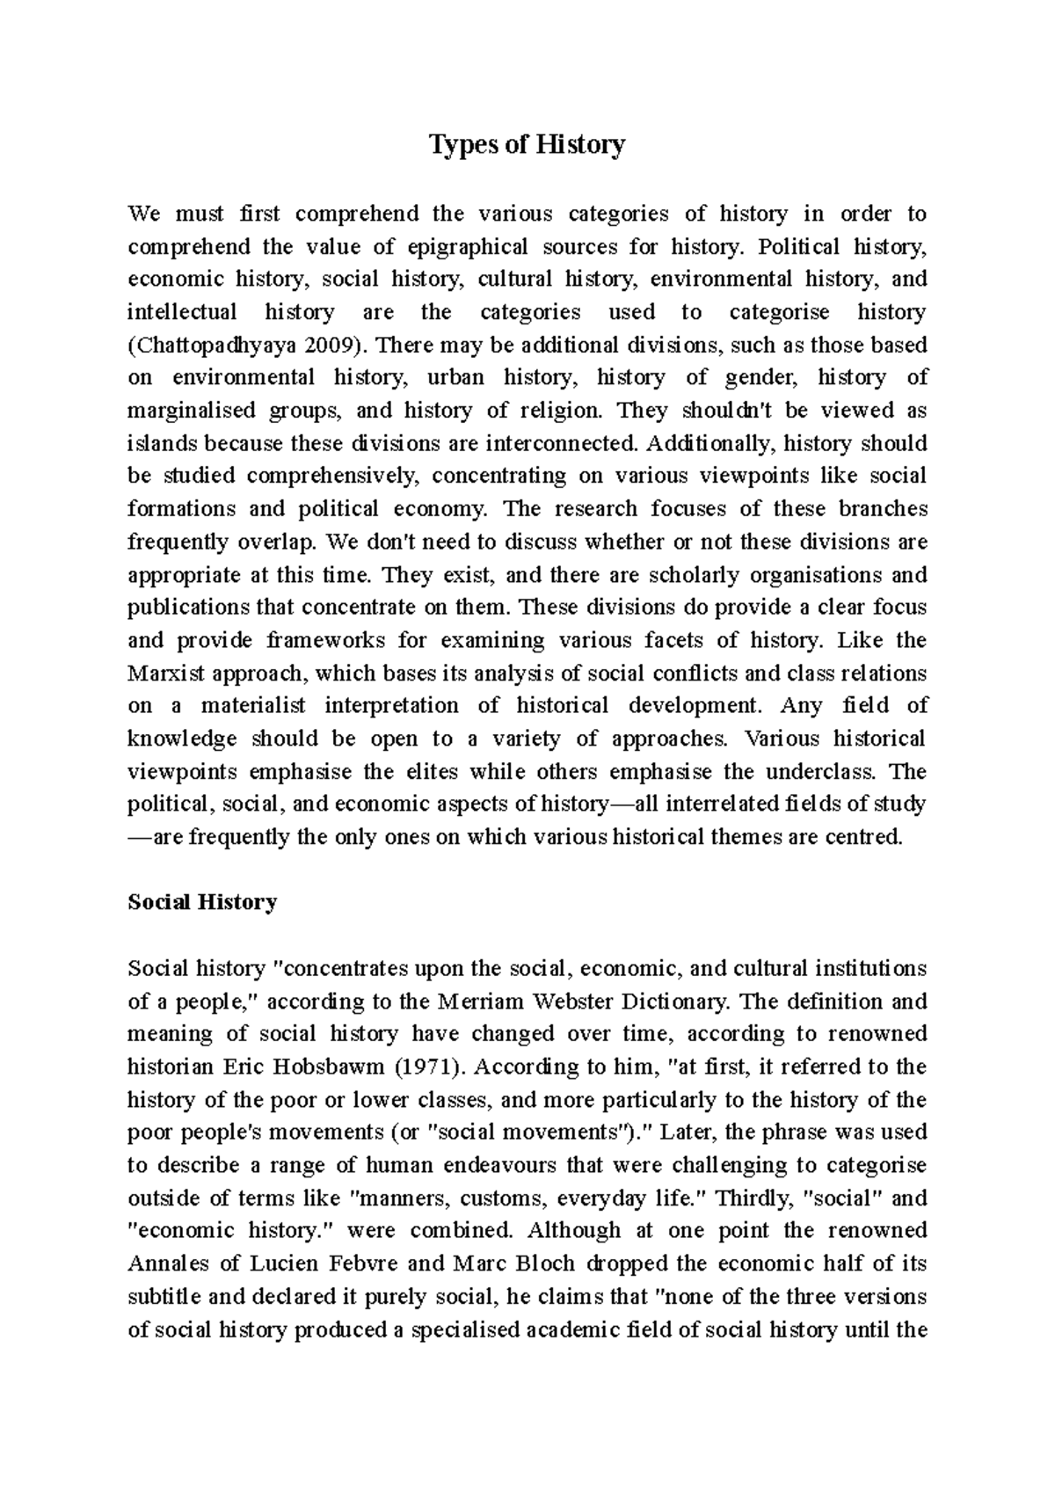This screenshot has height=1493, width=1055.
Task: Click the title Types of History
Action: (x=527, y=144)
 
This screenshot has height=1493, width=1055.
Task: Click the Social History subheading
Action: (x=202, y=902)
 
